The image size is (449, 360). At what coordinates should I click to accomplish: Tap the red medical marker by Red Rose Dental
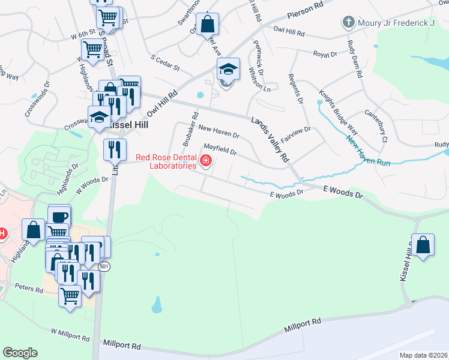coord(206,160)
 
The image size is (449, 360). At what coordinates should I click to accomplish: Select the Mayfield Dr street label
coord(220,146)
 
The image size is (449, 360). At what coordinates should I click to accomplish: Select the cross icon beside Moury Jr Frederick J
coord(348,23)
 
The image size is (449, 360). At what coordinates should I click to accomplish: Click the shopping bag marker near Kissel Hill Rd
coord(423,245)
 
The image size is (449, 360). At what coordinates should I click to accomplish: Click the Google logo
coord(20,353)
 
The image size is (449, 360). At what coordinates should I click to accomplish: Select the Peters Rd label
coord(30,289)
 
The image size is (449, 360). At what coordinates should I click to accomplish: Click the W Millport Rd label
coord(70,332)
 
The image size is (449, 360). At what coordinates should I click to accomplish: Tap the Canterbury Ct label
coord(376,125)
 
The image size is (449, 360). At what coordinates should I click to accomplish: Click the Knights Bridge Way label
coord(339,114)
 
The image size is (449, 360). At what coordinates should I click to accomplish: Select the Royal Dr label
coord(325,55)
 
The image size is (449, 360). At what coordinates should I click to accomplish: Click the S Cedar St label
coord(166,63)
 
